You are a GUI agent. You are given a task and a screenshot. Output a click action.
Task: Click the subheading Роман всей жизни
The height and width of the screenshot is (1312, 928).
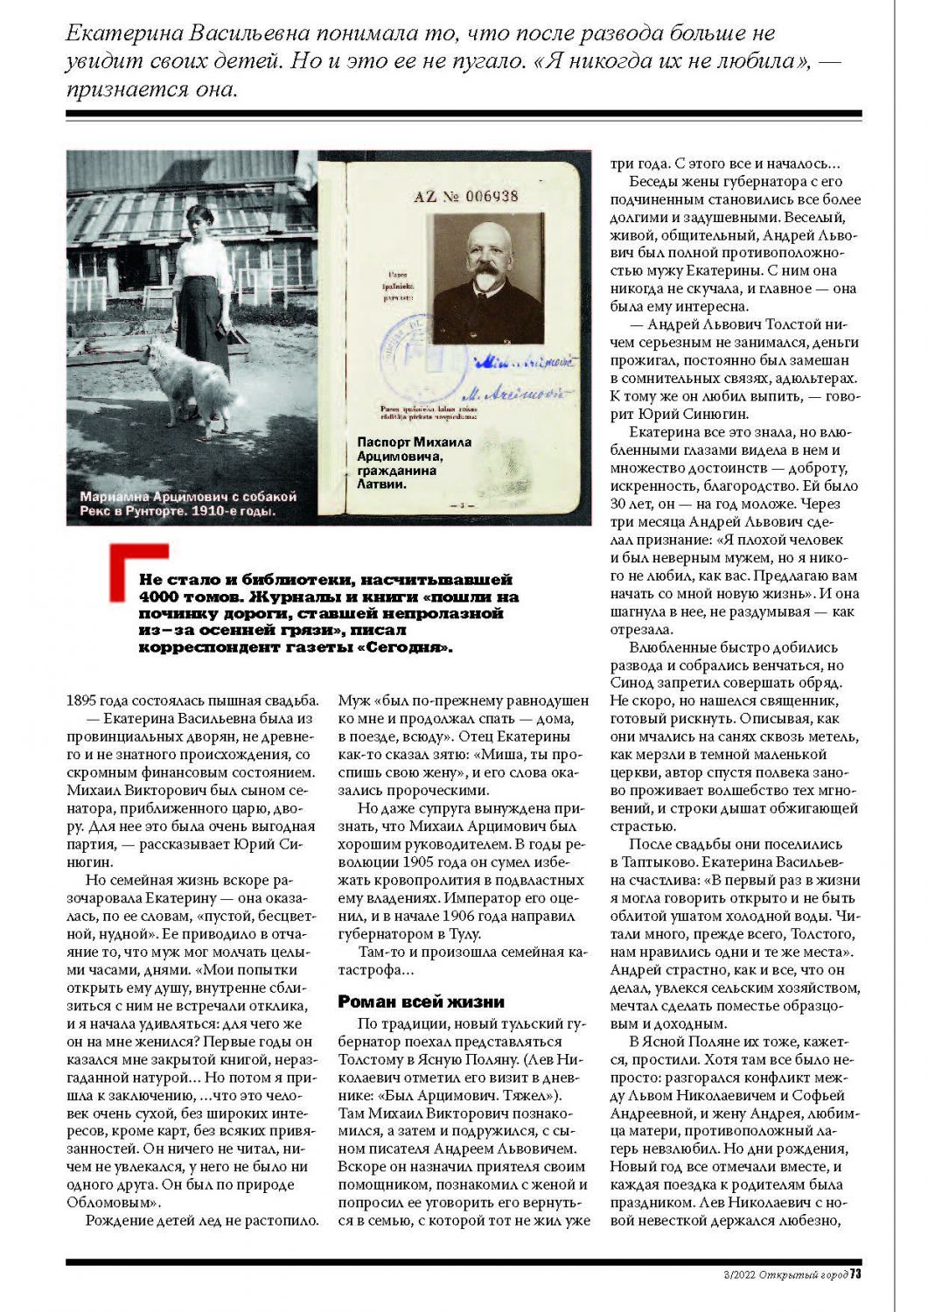[422, 1001]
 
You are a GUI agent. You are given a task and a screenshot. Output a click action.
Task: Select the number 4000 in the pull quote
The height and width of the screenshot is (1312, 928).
[158, 597]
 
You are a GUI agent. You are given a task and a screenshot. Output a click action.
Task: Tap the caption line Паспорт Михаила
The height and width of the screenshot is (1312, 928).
[414, 442]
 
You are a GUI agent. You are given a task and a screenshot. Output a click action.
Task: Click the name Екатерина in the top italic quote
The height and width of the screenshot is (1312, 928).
[121, 34]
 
